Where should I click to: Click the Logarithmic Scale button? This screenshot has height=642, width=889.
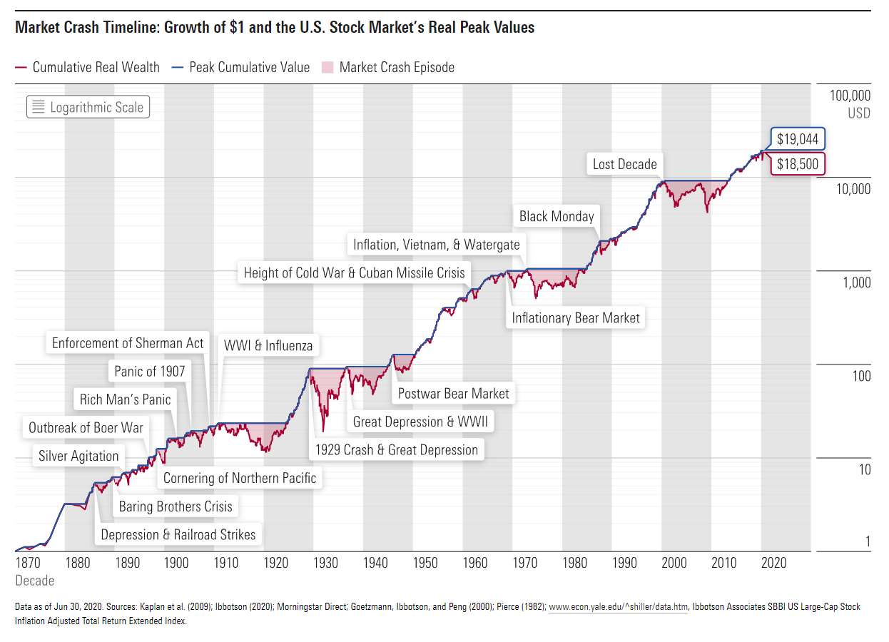click(x=88, y=107)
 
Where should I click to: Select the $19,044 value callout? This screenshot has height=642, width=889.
click(x=797, y=139)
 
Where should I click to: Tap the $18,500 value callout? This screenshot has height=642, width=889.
click(x=797, y=164)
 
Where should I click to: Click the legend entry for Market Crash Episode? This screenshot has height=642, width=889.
click(x=388, y=67)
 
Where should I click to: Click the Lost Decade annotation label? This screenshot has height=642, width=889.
click(x=624, y=164)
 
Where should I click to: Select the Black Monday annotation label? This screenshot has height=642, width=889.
click(x=556, y=216)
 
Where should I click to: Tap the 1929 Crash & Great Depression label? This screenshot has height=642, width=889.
click(x=397, y=449)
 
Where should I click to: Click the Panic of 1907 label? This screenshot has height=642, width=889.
click(x=149, y=371)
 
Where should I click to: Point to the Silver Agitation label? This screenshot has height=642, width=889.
click(x=78, y=456)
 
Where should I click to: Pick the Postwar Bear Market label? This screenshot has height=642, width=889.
click(x=453, y=393)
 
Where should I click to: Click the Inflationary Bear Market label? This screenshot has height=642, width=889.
click(x=576, y=317)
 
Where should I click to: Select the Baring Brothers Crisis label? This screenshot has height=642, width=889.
click(x=176, y=506)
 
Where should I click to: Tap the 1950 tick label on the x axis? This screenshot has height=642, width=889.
click(x=425, y=563)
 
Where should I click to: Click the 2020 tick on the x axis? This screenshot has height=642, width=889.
click(x=773, y=563)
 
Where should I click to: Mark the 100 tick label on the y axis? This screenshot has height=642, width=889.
click(x=861, y=376)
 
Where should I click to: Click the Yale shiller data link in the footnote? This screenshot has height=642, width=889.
click(x=619, y=607)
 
